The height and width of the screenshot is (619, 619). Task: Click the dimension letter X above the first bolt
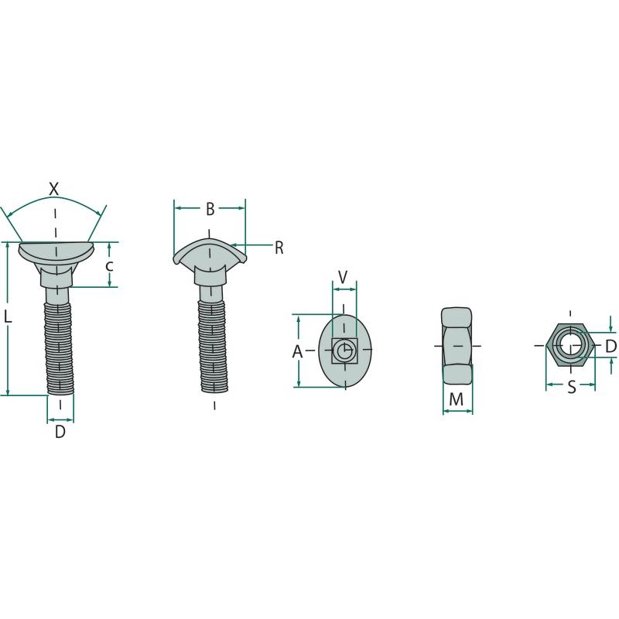[53, 189]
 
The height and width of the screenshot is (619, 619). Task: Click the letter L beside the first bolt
[8, 316]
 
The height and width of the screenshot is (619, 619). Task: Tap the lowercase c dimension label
[109, 266]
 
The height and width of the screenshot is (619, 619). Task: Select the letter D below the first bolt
[60, 432]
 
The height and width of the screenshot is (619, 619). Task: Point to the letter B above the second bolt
[210, 209]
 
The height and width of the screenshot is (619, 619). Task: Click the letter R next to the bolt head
[279, 248]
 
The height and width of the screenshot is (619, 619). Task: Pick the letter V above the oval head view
[343, 277]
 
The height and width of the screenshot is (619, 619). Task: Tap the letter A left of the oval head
[297, 351]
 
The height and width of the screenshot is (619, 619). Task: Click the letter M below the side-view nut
[457, 399]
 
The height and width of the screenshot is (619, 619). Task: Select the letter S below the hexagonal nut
[572, 388]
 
